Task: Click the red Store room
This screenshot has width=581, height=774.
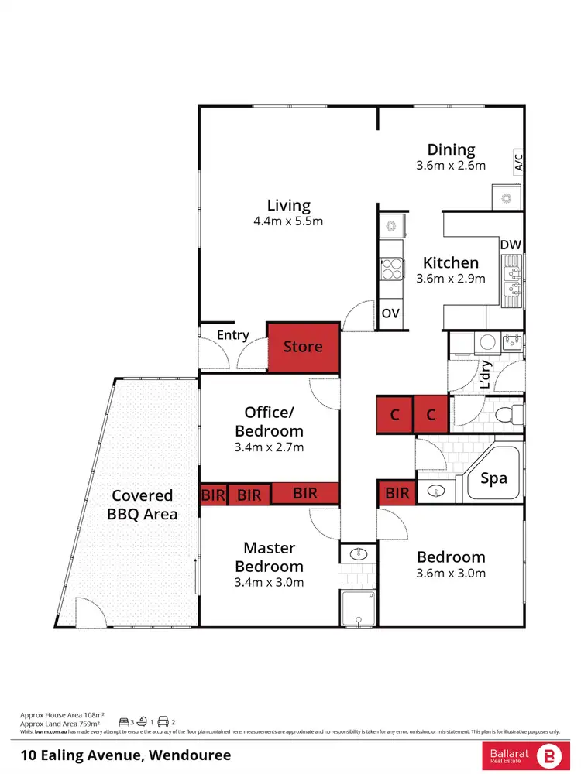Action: pyautogui.click(x=303, y=348)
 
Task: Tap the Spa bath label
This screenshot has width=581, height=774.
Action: pyautogui.click(x=493, y=478)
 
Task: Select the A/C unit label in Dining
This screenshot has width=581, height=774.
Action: pyautogui.click(x=518, y=162)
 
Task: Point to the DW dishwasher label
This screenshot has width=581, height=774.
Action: pyautogui.click(x=510, y=245)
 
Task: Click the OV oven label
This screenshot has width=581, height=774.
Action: pyautogui.click(x=390, y=313)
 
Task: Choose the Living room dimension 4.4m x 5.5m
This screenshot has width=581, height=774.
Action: pyautogui.click(x=288, y=221)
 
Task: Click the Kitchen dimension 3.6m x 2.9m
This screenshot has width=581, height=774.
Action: pyautogui.click(x=451, y=279)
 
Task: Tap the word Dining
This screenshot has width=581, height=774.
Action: pyautogui.click(x=451, y=149)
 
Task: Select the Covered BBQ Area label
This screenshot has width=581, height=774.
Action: pyautogui.click(x=145, y=505)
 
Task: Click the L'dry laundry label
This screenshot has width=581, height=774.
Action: pyautogui.click(x=486, y=375)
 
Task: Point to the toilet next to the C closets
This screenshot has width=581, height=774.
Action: pyautogui.click(x=507, y=415)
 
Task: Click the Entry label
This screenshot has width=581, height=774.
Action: pyautogui.click(x=232, y=335)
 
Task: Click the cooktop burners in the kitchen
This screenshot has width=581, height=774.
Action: pyautogui.click(x=390, y=268)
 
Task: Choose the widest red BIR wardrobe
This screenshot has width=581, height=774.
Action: pyautogui.click(x=304, y=493)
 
